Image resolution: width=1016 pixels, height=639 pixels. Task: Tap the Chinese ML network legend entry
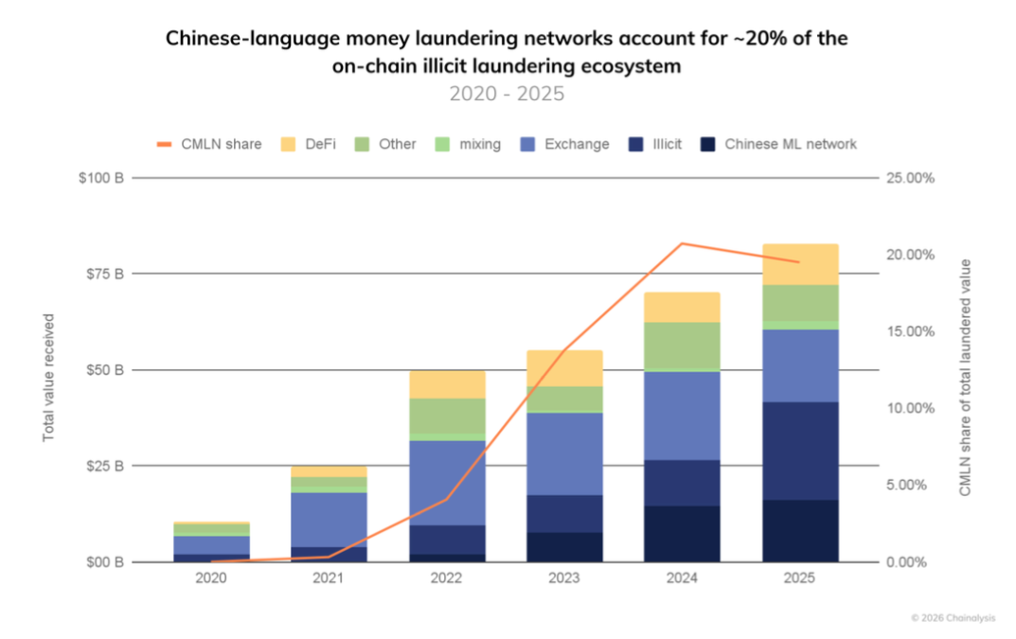[778, 145]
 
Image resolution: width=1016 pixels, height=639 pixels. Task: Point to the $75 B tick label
[105, 274]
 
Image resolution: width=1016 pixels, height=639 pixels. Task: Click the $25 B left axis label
[105, 466]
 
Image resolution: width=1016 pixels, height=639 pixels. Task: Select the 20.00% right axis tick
[908, 255]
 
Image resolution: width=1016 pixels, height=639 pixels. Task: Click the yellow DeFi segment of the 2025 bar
[800, 264]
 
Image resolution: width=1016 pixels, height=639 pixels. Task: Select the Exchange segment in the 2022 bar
[447, 483]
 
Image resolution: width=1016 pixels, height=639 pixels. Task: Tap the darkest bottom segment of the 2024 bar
[683, 534]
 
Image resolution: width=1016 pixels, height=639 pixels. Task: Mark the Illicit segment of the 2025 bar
[800, 451]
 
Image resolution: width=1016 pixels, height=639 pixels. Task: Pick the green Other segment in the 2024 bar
[683, 345]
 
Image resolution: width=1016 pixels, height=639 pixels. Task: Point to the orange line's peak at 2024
[683, 243]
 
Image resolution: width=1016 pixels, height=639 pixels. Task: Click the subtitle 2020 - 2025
[507, 94]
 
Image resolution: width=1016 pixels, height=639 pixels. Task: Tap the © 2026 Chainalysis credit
[956, 616]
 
